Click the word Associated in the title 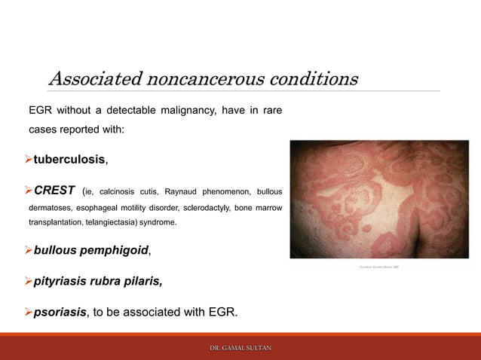pyautogui.click(x=95, y=79)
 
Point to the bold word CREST pyautogui.click(x=54, y=191)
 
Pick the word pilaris pyautogui.click(x=138, y=281)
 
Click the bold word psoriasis pyautogui.click(x=60, y=312)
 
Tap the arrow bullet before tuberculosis pyautogui.click(x=29, y=160)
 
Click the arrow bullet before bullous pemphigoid pyautogui.click(x=29, y=249)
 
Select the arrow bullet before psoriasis pyautogui.click(x=29, y=312)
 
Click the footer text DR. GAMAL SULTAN pyautogui.click(x=240, y=348)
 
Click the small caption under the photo pyautogui.click(x=380, y=267)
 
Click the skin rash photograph pyautogui.click(x=379, y=199)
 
